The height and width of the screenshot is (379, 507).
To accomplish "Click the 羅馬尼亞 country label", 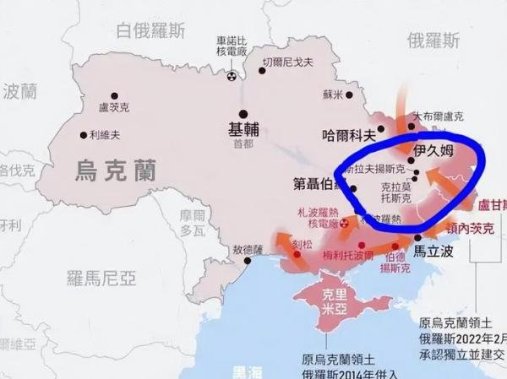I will (101, 275).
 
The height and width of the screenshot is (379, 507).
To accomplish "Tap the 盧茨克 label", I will (115, 108).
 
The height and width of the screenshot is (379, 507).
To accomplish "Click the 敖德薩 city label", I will (248, 250).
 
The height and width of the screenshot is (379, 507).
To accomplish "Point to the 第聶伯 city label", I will (318, 182).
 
